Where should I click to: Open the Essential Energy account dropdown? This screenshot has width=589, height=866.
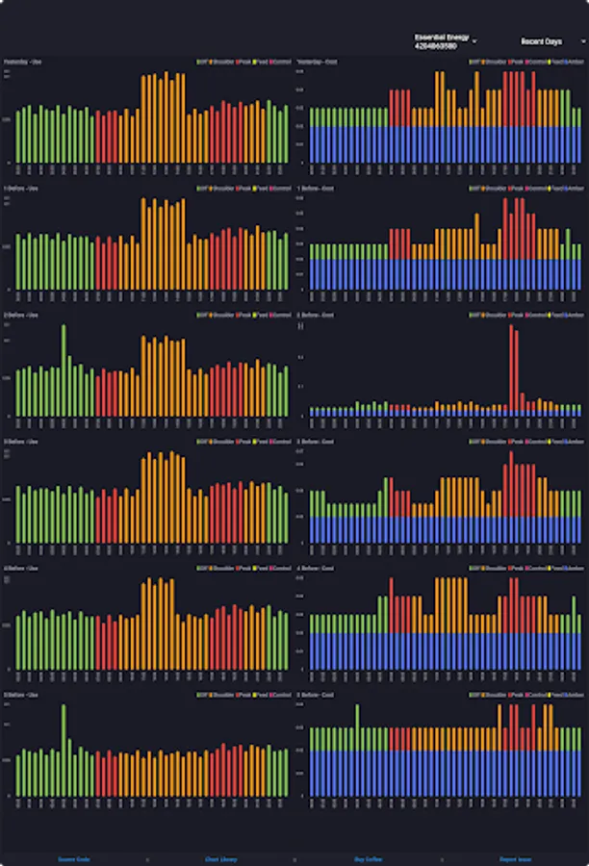coord(445,42)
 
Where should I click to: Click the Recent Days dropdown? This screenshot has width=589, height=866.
coord(551,42)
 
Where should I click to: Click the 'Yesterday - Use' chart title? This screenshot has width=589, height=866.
coord(22,62)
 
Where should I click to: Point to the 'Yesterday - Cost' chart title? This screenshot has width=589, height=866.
coord(317,62)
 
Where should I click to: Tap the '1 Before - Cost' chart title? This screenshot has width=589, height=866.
coord(316,188)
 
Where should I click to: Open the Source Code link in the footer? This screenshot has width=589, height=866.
coord(74,858)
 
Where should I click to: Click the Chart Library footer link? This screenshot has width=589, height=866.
coord(221,858)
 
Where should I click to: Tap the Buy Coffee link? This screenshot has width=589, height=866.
coord(369,858)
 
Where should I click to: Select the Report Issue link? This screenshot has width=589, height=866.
coord(516,858)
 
